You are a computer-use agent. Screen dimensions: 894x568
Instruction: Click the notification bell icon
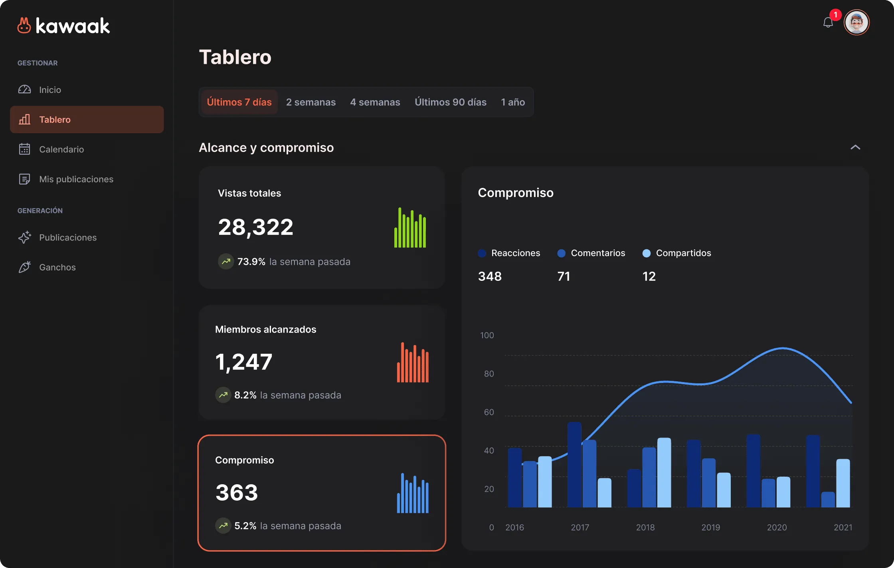[x=828, y=22]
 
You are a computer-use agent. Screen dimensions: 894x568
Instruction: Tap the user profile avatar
[x=856, y=22]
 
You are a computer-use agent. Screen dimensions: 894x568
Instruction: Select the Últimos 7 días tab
[x=239, y=102]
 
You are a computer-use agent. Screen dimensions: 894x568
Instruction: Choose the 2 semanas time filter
[x=311, y=102]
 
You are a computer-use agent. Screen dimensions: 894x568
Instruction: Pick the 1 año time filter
[x=513, y=102]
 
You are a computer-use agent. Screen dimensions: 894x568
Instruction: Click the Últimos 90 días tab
[x=451, y=102]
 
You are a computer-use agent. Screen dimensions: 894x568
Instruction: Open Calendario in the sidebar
[x=61, y=149]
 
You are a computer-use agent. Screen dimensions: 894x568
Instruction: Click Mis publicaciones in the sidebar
[x=76, y=179]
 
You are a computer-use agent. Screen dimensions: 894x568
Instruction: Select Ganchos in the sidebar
[x=57, y=267]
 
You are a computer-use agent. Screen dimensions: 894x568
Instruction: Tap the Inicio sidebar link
[x=50, y=90]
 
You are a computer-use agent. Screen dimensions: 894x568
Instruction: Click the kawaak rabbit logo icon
[x=24, y=26]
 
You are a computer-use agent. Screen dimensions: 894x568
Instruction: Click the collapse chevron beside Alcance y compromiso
[x=855, y=147]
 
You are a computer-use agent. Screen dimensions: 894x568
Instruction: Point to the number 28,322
[x=256, y=227]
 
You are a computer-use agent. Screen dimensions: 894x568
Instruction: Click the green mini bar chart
[x=410, y=227]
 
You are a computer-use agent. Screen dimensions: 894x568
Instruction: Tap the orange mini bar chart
[x=413, y=362]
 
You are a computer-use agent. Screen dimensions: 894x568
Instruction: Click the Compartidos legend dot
[x=647, y=253]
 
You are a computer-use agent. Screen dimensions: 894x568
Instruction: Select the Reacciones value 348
[x=490, y=276]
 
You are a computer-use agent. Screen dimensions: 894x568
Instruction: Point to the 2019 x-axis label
[x=711, y=527]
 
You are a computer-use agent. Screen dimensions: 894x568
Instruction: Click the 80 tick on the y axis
[x=489, y=374]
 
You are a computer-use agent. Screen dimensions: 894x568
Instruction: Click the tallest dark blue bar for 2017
[x=574, y=465]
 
